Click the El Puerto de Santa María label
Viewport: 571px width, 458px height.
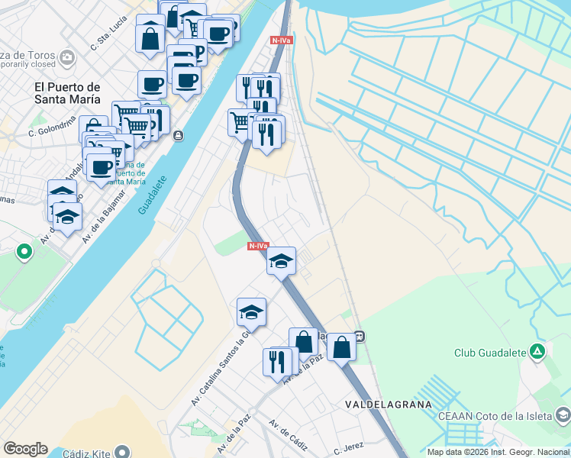(x=67, y=92)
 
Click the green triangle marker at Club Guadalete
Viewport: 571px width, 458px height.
(x=538, y=352)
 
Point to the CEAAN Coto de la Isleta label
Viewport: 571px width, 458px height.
(x=495, y=416)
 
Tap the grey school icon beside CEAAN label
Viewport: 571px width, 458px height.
(x=563, y=415)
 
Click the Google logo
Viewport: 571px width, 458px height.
(x=25, y=449)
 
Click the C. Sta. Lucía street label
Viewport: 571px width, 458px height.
(x=108, y=35)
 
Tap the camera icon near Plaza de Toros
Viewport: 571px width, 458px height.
(x=68, y=57)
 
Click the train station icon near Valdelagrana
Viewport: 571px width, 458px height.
(x=360, y=335)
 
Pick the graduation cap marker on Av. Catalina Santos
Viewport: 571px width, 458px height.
(x=251, y=311)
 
